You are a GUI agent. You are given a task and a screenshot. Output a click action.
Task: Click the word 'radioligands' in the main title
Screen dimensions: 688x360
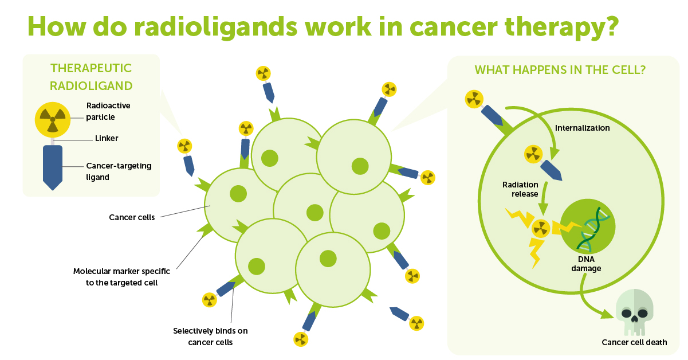216,27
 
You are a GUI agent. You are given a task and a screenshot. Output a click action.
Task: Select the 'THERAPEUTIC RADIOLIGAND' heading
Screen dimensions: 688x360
91,77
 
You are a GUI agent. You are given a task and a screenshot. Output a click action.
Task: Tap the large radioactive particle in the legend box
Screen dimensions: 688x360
53,120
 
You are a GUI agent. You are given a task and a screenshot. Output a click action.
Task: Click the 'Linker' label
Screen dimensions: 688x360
107,138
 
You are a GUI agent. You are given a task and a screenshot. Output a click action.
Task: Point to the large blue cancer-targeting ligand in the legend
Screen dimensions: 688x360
53,167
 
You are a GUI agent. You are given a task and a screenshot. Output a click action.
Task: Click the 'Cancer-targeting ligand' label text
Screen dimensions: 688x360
119,171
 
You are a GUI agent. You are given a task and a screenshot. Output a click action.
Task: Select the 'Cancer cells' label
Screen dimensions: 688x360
132,217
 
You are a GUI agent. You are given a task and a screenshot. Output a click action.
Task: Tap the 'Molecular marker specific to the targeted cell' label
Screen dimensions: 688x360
121,277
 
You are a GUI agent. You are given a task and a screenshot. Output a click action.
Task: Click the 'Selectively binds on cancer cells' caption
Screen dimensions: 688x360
210,336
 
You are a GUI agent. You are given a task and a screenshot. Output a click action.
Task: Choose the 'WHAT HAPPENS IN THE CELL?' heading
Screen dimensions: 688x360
560,70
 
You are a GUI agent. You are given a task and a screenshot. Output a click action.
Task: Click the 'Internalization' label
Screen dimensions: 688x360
582,128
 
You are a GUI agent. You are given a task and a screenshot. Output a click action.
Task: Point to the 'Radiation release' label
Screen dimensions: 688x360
520,189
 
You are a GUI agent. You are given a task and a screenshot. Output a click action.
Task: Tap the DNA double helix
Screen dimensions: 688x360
593,228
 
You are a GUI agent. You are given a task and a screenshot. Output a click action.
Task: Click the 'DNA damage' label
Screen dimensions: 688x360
586,264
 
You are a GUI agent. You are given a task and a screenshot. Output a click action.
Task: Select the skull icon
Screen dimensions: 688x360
635,312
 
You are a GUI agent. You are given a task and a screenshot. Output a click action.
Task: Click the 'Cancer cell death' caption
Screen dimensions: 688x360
634,342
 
